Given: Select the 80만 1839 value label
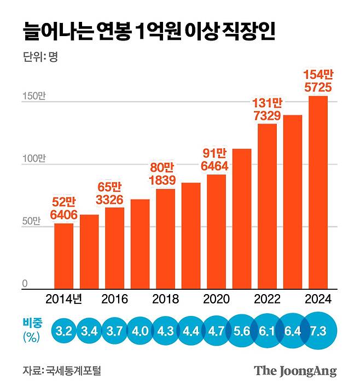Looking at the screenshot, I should pos(165,173).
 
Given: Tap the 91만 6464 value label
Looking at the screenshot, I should pos(217,159).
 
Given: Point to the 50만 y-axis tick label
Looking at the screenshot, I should pos(31,222).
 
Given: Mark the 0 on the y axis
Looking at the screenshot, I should pos(25,283).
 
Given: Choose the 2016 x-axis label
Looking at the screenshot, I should pos(114,299).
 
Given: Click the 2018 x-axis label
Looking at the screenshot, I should pos(165,299).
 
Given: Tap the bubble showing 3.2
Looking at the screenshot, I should pos(63,331).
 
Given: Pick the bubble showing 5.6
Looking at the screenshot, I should pos(242,331).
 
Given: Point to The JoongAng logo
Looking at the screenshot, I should pos(295,371).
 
